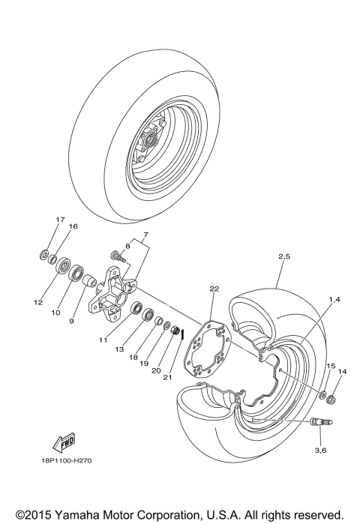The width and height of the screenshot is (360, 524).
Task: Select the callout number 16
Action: [x=73, y=226]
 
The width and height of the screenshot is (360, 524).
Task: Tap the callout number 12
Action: [x=38, y=303]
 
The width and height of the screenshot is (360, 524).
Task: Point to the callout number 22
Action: [x=214, y=289]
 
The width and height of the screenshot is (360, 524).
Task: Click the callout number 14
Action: [x=342, y=371]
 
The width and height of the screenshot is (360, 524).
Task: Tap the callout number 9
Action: [x=72, y=321]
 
